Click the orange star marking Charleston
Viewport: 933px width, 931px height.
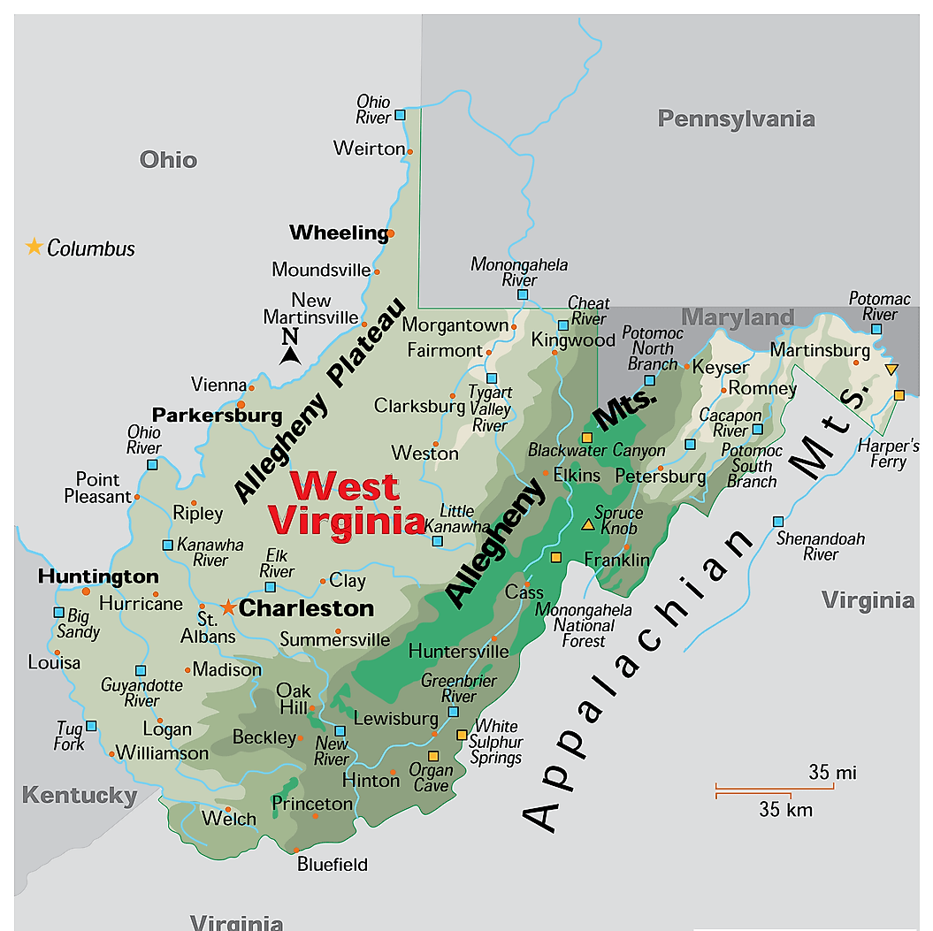228,607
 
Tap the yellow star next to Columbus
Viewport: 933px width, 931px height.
34,247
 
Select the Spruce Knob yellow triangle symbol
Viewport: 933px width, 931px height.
587,524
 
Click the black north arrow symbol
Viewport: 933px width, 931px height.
289,355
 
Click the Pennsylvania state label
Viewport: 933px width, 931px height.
736,118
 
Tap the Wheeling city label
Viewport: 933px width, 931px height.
339,233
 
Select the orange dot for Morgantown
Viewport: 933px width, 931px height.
515,325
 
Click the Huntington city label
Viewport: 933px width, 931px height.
98,576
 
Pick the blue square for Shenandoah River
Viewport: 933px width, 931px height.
778,522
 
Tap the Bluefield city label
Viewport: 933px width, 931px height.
333,865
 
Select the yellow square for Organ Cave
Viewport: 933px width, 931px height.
433,756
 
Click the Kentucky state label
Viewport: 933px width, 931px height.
80,795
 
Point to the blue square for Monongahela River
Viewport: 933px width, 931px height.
523,294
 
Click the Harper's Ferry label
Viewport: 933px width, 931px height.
883,454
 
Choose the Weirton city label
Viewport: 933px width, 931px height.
369,149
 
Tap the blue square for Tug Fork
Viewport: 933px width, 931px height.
91,726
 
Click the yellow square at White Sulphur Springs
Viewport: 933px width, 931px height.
462,735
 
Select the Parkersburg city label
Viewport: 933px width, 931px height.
217,415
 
